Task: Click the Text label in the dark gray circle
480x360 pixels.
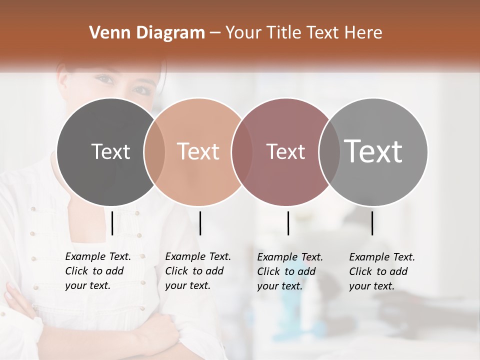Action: point(110,151)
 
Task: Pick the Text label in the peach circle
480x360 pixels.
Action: point(198,151)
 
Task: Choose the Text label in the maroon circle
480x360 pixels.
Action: point(285,152)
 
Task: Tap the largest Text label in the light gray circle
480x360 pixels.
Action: point(373,151)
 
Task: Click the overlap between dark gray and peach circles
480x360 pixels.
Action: point(154,152)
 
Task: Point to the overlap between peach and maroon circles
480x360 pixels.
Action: point(242,152)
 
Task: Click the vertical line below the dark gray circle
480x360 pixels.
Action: point(112,223)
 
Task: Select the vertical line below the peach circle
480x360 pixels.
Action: point(200,223)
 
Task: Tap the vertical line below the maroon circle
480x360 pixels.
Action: point(288,223)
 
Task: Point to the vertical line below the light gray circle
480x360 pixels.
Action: point(372,223)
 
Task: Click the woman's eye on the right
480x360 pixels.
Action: point(141,90)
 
